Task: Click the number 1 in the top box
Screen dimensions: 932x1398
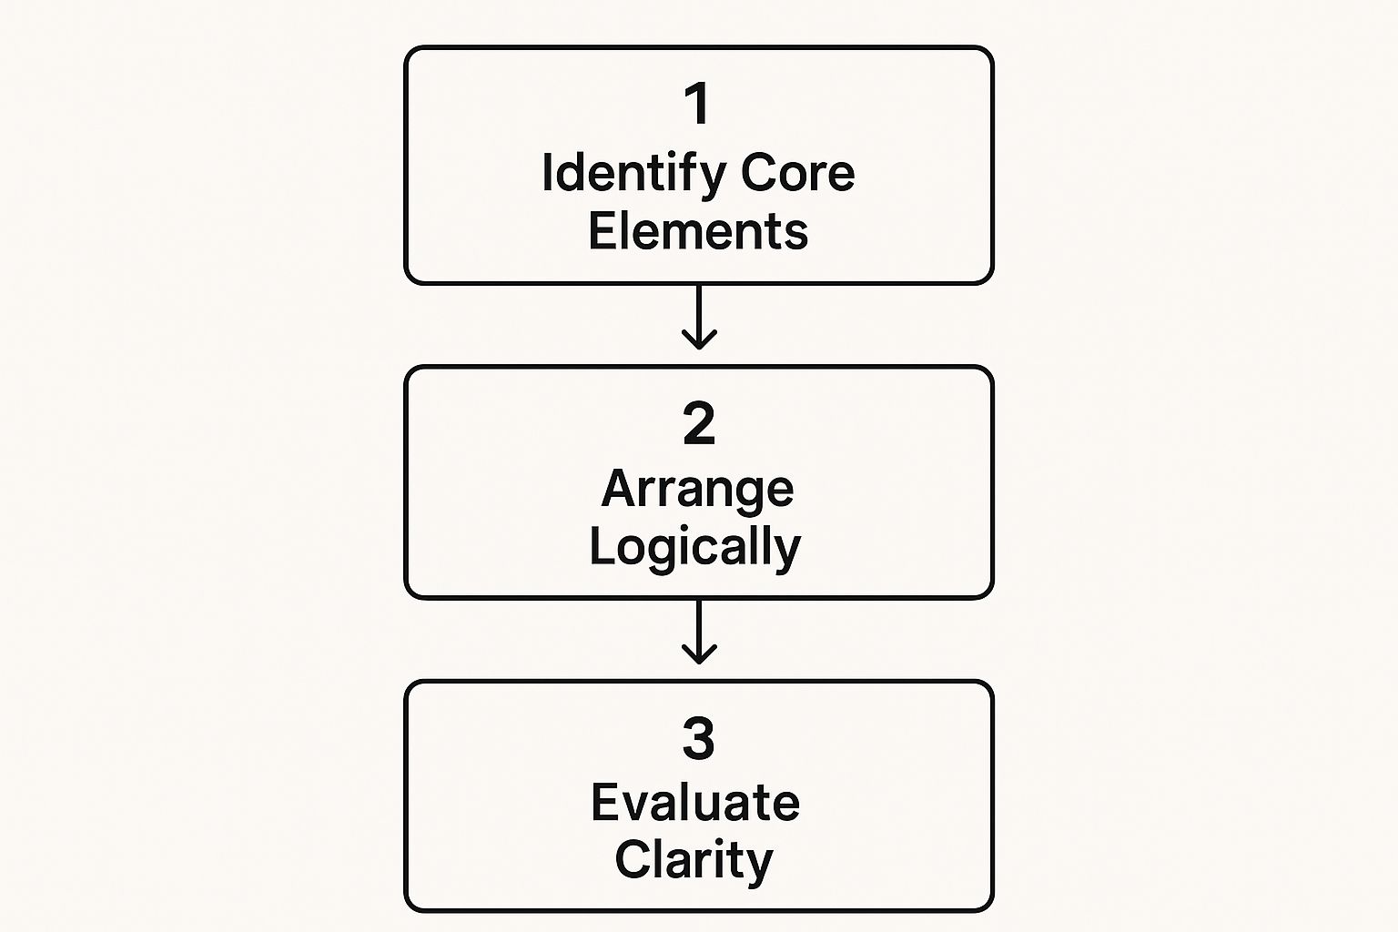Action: coord(697,104)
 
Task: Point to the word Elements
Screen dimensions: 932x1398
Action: coord(698,231)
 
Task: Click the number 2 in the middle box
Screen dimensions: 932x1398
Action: coord(699,424)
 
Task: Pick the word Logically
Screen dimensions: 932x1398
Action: coord(695,548)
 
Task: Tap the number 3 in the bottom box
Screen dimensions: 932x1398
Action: coord(699,738)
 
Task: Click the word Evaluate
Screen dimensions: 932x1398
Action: coord(695,803)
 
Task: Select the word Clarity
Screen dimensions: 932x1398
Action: coord(694,861)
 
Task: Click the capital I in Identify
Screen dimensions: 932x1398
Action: coord(547,172)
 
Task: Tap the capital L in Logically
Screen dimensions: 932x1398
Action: coord(601,546)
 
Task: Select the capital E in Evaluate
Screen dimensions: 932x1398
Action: coord(606,803)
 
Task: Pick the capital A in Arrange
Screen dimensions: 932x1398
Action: coord(619,490)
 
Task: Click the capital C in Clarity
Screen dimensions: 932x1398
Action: coord(633,860)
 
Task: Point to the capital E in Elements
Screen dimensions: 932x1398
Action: coord(603,231)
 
